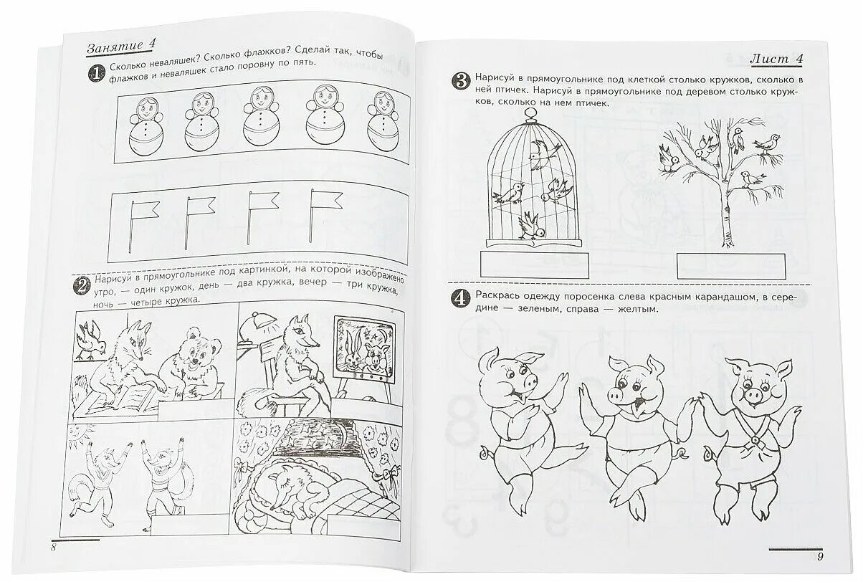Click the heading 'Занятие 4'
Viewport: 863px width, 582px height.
click(121, 48)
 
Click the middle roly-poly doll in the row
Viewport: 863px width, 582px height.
click(260, 120)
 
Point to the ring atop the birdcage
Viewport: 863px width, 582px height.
click(528, 113)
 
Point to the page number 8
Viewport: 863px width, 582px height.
click(54, 548)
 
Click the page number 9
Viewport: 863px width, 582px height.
click(820, 555)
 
